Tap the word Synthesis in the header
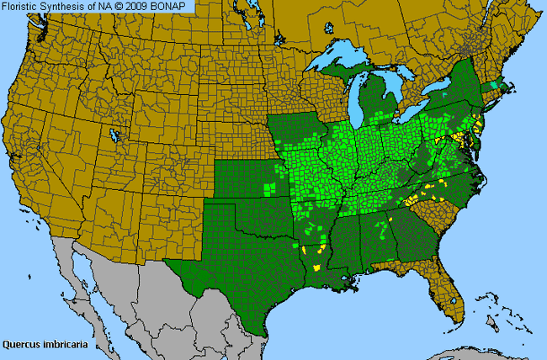70,7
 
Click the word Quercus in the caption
23,344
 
